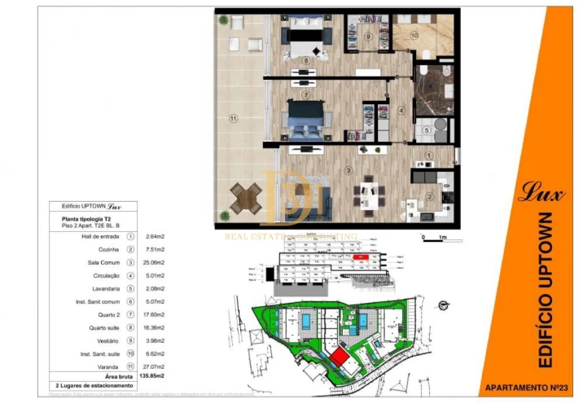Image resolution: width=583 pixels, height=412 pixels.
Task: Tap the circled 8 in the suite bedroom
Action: [x=306, y=59]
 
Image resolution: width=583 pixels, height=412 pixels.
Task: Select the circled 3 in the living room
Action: [x=348, y=170]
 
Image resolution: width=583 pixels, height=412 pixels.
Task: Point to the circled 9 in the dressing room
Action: [x=368, y=37]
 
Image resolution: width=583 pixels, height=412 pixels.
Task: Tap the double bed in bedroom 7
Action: [x=307, y=122]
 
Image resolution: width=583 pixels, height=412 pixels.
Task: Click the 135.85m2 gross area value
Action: [x=155, y=376]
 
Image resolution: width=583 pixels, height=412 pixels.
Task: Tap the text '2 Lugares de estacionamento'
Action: [x=94, y=385]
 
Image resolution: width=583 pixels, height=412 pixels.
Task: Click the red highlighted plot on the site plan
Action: [x=339, y=357]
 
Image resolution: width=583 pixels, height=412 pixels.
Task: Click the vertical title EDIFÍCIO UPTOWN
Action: [x=546, y=289]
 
